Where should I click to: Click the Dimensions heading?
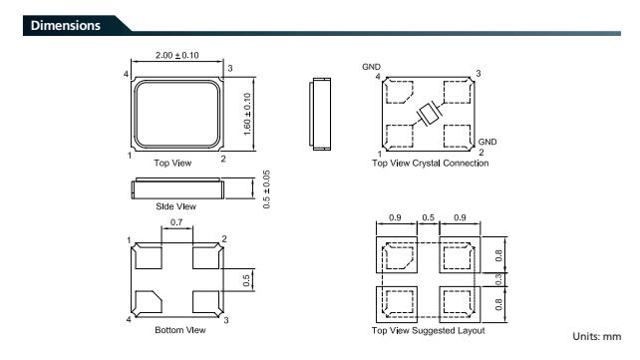[x=66, y=25]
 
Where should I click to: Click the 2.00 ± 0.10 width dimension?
[x=176, y=55]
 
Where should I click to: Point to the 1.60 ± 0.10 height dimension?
[x=247, y=115]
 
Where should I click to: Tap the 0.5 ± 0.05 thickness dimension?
[x=266, y=189]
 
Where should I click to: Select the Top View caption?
[x=172, y=163]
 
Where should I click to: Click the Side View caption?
[x=175, y=206]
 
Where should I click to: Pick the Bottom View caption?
[x=180, y=330]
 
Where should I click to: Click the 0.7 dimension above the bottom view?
[x=176, y=222]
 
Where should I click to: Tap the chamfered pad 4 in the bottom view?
[x=149, y=302]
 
